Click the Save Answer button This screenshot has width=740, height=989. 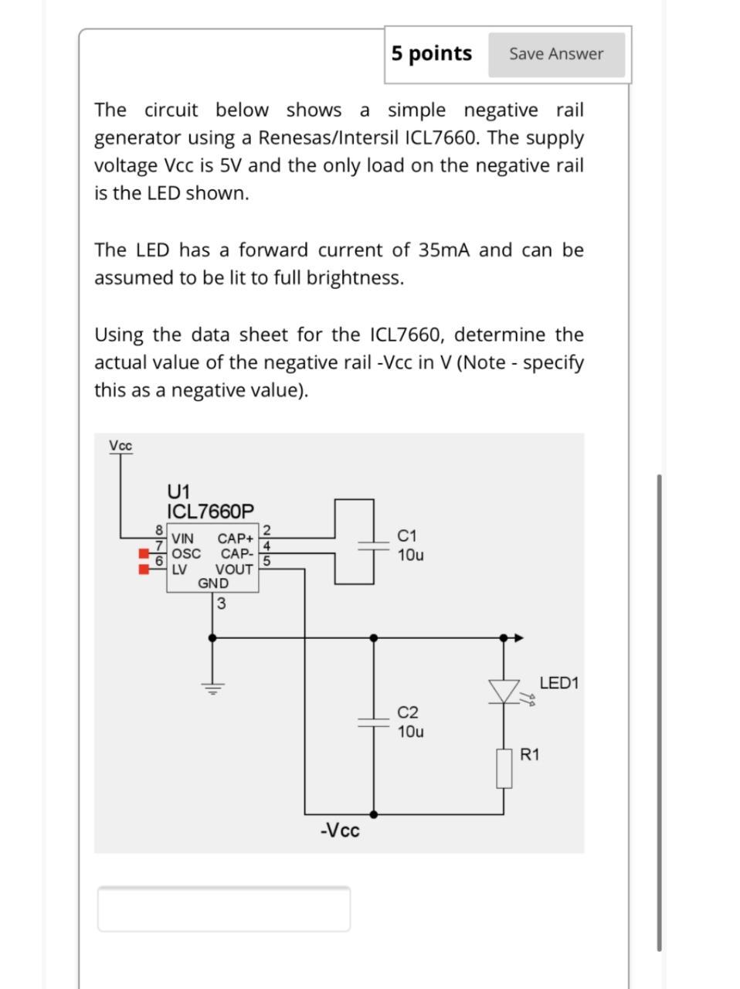coord(556,54)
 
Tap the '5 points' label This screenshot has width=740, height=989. coord(431,53)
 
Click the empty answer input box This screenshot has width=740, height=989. coord(223,909)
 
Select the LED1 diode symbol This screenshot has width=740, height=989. coord(504,691)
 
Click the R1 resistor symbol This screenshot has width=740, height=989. coord(504,768)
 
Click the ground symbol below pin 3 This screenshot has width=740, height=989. coord(213,687)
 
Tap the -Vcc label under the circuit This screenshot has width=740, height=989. coord(340,831)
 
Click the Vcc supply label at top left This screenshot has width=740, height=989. coord(121,446)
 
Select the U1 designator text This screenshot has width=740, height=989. coord(178,491)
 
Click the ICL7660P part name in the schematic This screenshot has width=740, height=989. coord(210,511)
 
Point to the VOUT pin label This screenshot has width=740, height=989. coord(234,569)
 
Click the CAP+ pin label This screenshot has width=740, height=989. coord(235,538)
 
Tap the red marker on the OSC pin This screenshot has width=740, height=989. coord(143,553)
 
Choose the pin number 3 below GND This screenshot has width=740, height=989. coord(222,604)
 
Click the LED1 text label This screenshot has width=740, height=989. coord(558,683)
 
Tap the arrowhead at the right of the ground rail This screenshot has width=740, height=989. coord(519,638)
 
